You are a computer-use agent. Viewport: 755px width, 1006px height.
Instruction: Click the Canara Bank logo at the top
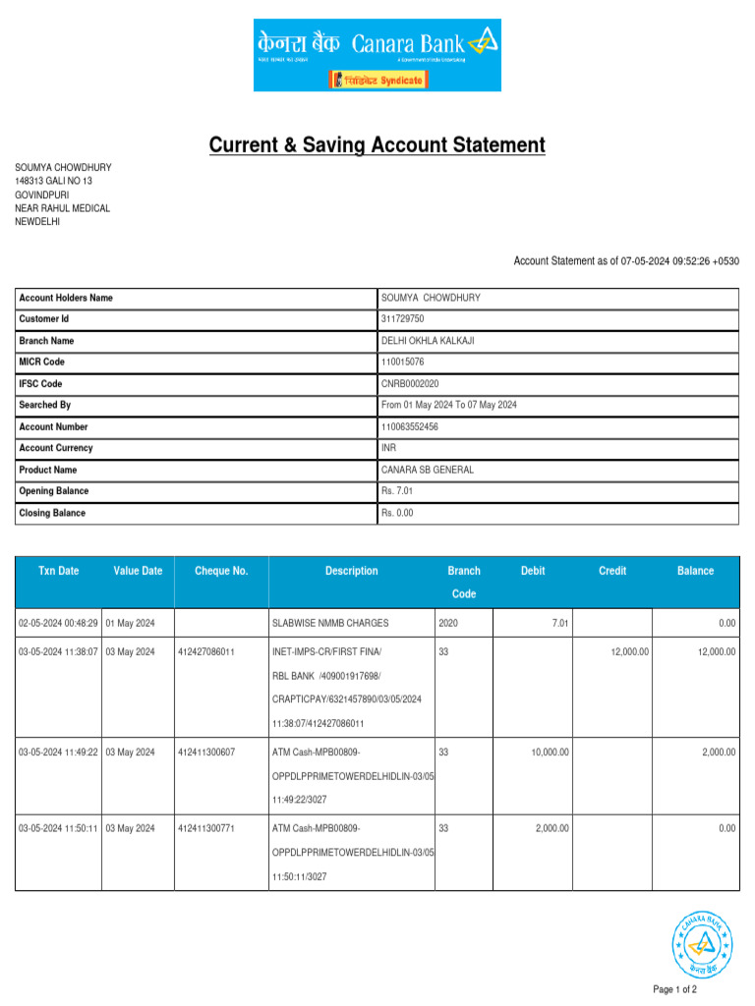[x=377, y=55]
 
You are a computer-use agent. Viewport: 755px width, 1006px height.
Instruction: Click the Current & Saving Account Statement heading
[x=377, y=145]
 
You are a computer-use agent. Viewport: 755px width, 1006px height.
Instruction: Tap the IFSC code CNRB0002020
[x=410, y=384]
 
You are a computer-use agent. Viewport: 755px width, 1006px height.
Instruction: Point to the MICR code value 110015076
[x=403, y=363]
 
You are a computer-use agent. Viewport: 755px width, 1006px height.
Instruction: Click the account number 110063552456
[x=410, y=427]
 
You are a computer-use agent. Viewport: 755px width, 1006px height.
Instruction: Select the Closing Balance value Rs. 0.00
[x=397, y=513]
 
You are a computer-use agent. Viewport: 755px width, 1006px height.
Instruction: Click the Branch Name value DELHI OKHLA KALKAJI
[x=428, y=341]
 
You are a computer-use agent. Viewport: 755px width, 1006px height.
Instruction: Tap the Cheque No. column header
[x=221, y=571]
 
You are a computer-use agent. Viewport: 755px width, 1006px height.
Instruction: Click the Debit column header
[x=533, y=571]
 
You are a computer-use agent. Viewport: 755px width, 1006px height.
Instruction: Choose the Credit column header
[x=612, y=571]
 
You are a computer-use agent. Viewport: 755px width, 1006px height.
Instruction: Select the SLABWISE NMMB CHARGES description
[x=330, y=623]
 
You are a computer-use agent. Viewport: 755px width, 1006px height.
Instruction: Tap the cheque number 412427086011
[x=206, y=652]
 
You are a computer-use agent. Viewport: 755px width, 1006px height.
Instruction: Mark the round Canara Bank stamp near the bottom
[x=702, y=943]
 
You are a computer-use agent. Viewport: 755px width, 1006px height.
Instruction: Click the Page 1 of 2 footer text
[x=674, y=989]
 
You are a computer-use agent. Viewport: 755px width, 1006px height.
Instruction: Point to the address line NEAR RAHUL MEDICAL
[x=62, y=208]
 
